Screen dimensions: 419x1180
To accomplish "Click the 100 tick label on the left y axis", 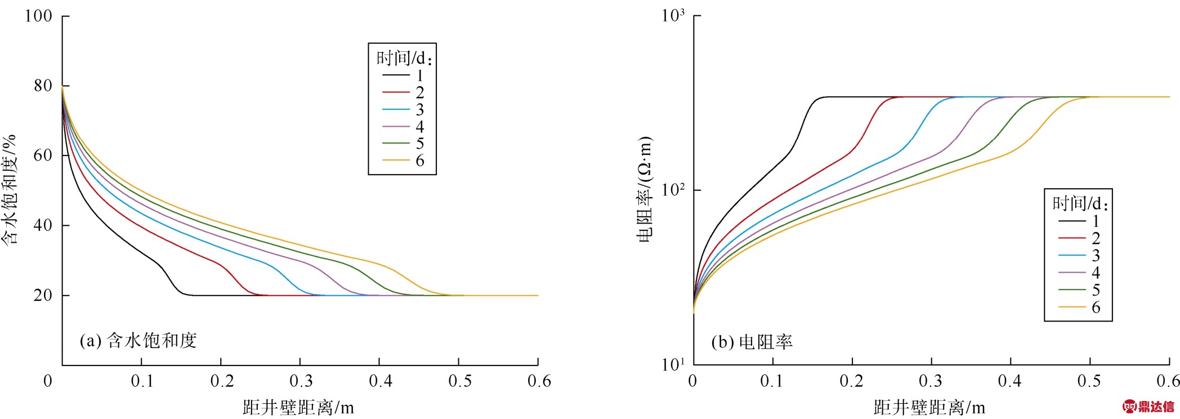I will [38, 16].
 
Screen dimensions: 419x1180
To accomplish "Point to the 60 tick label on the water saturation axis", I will [43, 155].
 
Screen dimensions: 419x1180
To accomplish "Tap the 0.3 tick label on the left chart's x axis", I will [301, 382].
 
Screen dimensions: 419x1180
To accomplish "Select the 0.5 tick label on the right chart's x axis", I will [1089, 382].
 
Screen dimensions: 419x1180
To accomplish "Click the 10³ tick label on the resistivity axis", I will [673, 15].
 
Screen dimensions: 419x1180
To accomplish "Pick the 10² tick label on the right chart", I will [673, 190].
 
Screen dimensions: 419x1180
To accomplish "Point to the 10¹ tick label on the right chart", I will [673, 364].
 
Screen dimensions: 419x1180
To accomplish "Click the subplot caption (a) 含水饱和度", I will [138, 340].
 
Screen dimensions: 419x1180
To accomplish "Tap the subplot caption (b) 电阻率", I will [752, 342].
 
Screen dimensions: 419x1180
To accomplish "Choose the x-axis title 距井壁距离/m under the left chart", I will [298, 407].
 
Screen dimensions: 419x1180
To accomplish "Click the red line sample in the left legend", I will [396, 92].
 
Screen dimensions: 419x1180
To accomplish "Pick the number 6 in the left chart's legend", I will [420, 161].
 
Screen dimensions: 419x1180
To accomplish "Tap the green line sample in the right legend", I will [1072, 290].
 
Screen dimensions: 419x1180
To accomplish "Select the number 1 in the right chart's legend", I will [1096, 221].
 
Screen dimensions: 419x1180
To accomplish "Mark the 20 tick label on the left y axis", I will [43, 295].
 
